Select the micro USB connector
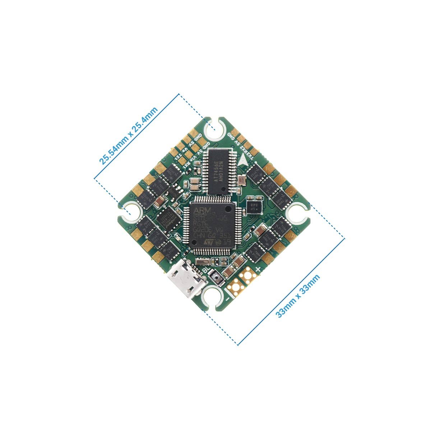point(186,279)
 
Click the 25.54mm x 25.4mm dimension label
point(128,136)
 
